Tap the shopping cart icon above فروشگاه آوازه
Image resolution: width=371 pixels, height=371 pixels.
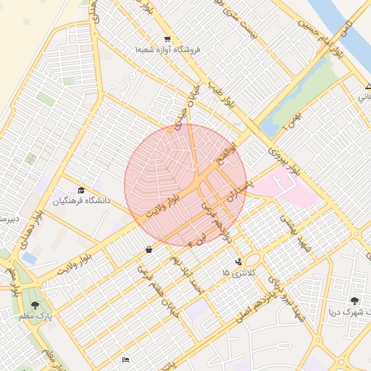tap(167, 39)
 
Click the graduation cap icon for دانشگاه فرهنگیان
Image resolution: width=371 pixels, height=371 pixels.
tap(80, 189)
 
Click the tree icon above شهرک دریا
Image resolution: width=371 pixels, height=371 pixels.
tap(354, 301)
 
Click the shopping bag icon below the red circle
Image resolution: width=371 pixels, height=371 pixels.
tap(149, 250)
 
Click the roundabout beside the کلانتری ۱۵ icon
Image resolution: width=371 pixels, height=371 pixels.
tap(252, 259)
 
